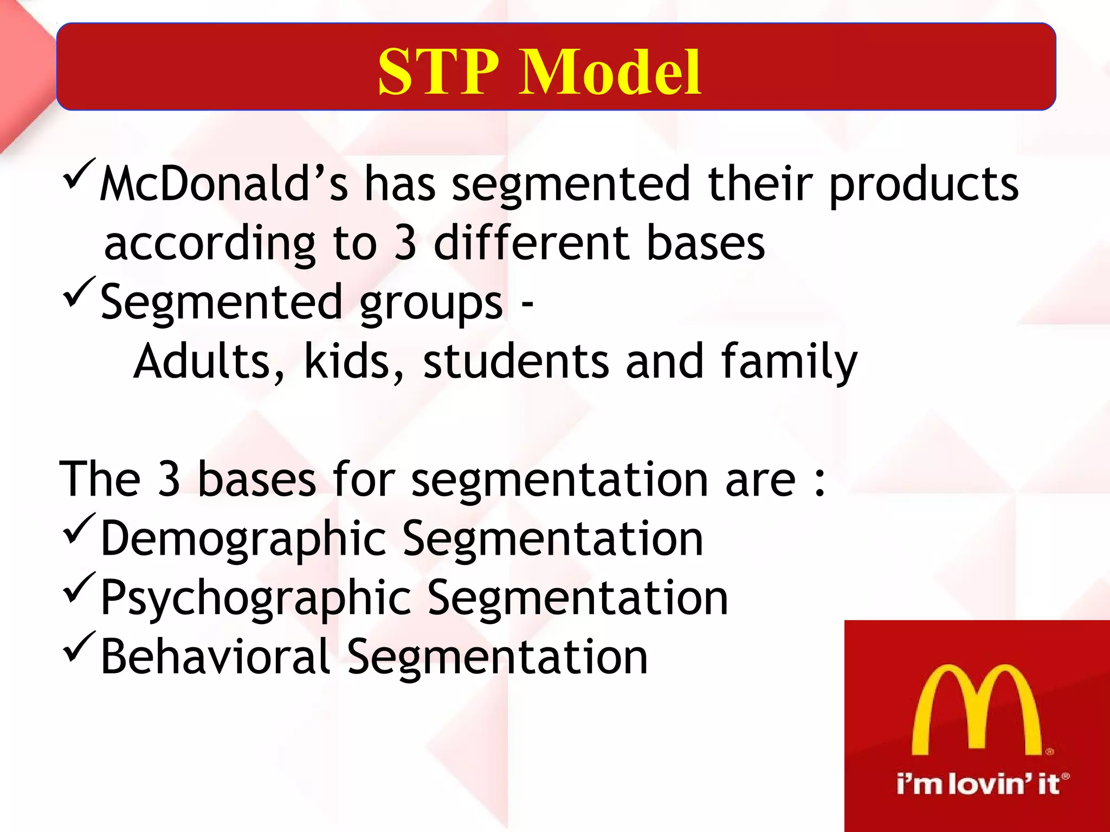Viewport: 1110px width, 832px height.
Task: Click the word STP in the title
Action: pos(438,71)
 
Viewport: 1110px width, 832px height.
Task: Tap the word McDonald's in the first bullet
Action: pos(223,184)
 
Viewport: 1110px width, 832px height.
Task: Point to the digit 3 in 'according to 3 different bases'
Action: pos(405,243)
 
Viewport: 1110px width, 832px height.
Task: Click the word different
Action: pos(531,243)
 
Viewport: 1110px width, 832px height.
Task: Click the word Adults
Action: pos(209,362)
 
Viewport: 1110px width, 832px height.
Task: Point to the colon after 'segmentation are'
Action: pos(819,480)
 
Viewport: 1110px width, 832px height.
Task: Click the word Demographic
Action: pos(243,539)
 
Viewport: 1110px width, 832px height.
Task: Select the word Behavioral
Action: pos(215,656)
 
